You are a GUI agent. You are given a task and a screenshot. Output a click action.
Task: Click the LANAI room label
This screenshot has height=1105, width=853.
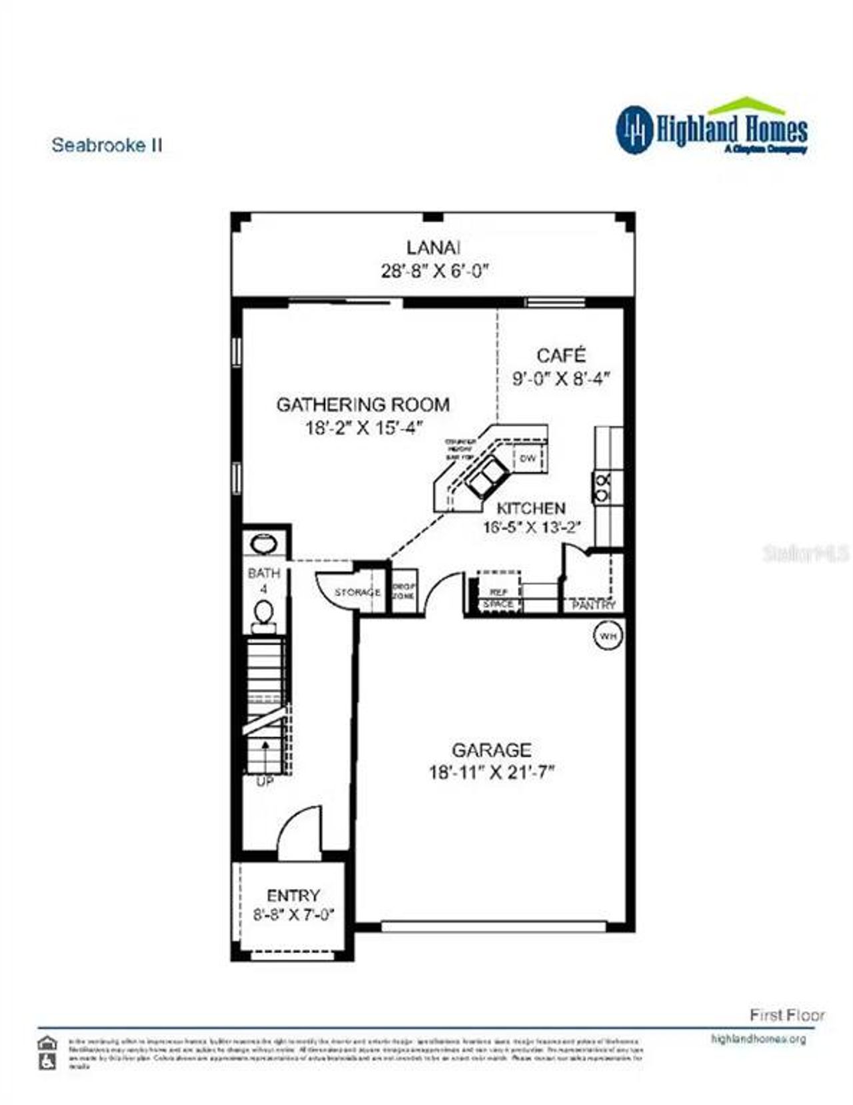tap(433, 247)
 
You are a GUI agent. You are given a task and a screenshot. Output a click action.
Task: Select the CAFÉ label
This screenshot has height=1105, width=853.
tap(561, 355)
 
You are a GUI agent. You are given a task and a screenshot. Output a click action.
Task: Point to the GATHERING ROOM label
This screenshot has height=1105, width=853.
tap(363, 405)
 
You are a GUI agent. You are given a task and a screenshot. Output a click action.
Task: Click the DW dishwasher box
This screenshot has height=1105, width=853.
tap(528, 458)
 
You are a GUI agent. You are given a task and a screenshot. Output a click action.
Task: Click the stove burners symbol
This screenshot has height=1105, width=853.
tap(602, 488)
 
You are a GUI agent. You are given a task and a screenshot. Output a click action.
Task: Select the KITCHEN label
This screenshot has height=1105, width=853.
tap(531, 509)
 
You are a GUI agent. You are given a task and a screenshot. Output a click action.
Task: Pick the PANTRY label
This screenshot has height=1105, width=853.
tap(594, 605)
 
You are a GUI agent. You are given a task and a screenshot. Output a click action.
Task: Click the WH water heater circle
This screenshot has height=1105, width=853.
tap(607, 636)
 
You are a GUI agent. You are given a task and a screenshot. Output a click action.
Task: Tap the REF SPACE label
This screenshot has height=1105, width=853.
tap(498, 598)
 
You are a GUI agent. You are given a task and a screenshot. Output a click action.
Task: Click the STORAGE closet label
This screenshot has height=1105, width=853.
tap(358, 592)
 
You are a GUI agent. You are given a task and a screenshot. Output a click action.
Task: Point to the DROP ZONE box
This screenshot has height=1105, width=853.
tap(404, 590)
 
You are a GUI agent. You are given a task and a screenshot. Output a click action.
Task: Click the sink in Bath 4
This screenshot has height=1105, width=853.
tap(265, 545)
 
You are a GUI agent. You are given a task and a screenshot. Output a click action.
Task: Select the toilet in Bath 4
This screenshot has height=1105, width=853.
tap(264, 612)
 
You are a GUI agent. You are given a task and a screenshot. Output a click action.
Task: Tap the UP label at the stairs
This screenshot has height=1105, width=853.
tap(265, 782)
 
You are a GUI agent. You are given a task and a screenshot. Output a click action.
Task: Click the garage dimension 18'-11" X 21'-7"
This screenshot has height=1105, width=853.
tap(492, 772)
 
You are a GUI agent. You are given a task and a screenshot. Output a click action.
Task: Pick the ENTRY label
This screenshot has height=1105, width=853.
tap(293, 895)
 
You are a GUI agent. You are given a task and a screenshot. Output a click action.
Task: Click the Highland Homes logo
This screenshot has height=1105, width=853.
tap(711, 128)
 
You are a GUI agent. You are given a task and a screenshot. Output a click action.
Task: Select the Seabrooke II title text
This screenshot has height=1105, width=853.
tap(107, 145)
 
